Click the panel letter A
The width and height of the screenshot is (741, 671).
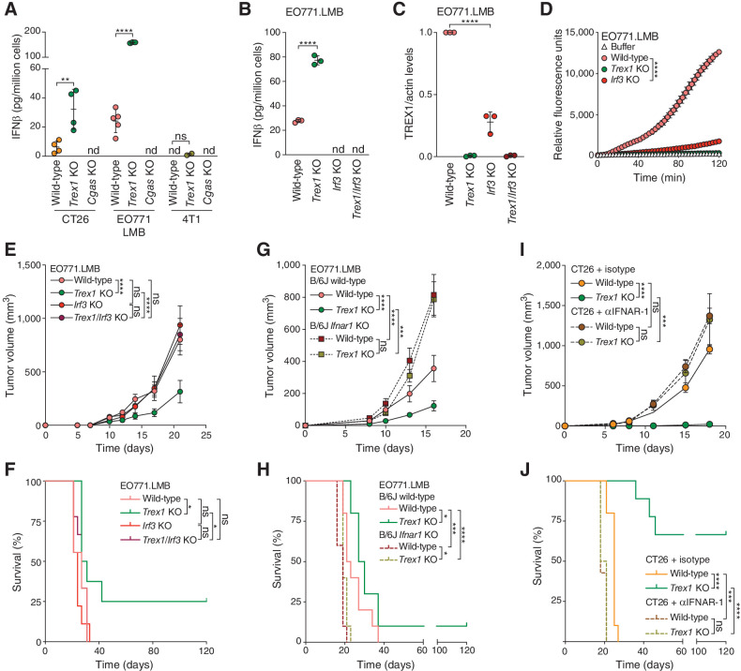(8, 8)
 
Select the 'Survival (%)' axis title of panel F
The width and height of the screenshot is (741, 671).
(11, 561)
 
